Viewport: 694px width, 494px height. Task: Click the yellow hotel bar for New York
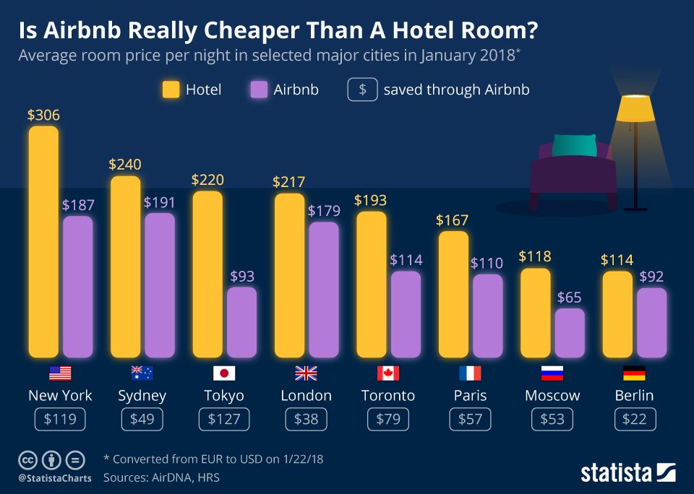[x=43, y=242]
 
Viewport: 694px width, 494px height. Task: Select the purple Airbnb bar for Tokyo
[x=241, y=322]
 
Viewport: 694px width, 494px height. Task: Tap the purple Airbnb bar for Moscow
[x=570, y=333]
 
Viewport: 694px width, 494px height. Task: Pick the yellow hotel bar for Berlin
[x=617, y=314]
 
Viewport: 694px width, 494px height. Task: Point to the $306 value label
[x=43, y=115]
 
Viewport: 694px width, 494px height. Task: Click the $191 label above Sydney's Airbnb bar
[x=160, y=202]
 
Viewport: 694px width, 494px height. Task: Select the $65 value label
[x=570, y=298]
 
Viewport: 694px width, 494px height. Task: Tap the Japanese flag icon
[x=224, y=373]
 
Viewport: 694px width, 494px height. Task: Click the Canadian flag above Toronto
[x=388, y=373]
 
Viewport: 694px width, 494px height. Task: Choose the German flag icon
[x=634, y=373]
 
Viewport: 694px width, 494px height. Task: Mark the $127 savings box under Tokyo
[x=224, y=420]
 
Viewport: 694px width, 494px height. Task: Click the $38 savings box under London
[x=306, y=420]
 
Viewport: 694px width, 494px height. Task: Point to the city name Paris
[x=470, y=396]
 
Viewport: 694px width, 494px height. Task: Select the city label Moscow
[x=552, y=396]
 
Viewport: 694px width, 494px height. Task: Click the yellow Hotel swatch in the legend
[x=171, y=90]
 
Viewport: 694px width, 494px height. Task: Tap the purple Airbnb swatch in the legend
[x=259, y=90]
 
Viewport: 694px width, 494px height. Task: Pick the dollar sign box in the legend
[x=362, y=90]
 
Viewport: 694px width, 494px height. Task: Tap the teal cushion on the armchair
[x=575, y=145]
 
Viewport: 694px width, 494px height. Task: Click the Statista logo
[x=627, y=473]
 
